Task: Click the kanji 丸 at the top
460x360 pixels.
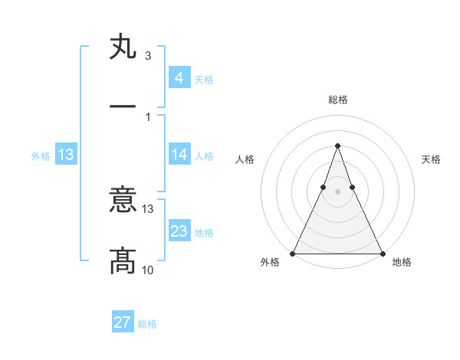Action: (x=123, y=47)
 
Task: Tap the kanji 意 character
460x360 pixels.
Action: (x=123, y=201)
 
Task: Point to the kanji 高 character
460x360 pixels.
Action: (x=123, y=261)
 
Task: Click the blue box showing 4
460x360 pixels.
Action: (x=179, y=77)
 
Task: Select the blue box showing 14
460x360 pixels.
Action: (x=179, y=155)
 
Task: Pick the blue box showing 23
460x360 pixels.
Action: (x=179, y=231)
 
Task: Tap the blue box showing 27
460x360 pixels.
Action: (x=123, y=322)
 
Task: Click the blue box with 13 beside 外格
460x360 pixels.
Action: (x=66, y=155)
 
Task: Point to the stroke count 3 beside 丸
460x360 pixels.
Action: (x=147, y=56)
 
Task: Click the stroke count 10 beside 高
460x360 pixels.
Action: (x=148, y=270)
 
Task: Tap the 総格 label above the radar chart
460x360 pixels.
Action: (x=337, y=100)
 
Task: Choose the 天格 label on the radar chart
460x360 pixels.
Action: (x=431, y=159)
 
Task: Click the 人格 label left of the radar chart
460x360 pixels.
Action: (x=245, y=159)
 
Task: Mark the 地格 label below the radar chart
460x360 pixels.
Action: (x=402, y=262)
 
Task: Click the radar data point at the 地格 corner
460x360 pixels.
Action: (x=382, y=253)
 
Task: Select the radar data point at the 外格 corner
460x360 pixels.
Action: (x=293, y=253)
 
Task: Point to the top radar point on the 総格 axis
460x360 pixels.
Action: (x=337, y=146)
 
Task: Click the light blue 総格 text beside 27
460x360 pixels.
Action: (x=147, y=324)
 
